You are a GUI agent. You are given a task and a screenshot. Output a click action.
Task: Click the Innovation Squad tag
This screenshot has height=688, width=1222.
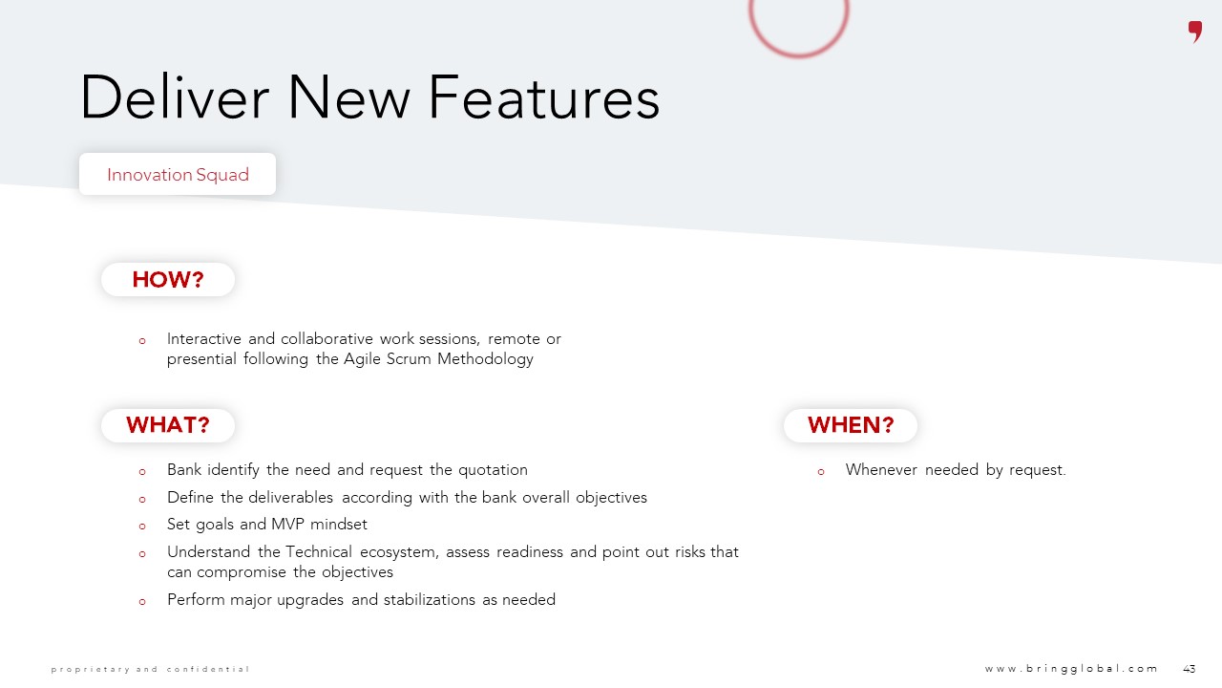click(178, 174)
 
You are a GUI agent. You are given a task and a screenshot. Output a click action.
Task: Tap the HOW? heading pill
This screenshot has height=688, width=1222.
click(168, 280)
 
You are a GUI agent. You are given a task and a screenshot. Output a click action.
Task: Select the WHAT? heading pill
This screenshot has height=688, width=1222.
click(168, 425)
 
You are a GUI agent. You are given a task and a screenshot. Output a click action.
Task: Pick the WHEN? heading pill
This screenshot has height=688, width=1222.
click(851, 425)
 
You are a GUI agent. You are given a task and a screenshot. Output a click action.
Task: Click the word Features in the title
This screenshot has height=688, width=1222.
click(544, 98)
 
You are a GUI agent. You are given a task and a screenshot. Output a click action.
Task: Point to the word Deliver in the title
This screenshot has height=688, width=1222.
click(175, 97)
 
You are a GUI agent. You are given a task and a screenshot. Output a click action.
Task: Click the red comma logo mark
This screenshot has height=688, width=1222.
click(1194, 32)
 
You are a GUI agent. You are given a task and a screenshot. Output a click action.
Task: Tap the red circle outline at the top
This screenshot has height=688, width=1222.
click(799, 54)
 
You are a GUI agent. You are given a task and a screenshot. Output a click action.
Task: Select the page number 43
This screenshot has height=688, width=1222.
click(1190, 669)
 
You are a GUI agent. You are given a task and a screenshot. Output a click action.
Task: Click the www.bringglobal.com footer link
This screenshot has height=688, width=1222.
click(1071, 669)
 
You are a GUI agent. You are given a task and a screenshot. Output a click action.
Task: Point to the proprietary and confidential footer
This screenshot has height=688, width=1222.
click(150, 670)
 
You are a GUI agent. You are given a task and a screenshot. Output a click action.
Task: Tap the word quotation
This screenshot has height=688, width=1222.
click(493, 470)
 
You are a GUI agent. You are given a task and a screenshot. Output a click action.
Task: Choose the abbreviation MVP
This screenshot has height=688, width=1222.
click(287, 525)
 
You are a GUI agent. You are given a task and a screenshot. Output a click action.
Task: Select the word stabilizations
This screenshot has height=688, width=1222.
click(430, 599)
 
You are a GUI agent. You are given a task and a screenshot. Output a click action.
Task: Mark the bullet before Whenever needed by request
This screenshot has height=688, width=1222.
click(821, 472)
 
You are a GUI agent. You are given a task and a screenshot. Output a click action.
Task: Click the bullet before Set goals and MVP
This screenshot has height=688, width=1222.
click(142, 527)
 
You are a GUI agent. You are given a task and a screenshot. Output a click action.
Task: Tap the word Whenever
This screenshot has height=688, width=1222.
click(881, 469)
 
